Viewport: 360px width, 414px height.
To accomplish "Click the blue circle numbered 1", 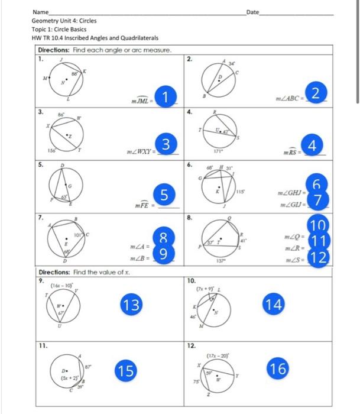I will (x=168, y=96).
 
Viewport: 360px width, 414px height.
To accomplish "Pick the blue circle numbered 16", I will (x=278, y=369).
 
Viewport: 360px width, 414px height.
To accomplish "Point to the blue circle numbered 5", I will (x=167, y=193).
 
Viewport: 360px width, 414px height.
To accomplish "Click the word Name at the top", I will (x=40, y=12).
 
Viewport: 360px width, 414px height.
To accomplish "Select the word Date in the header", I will (x=253, y=12).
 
